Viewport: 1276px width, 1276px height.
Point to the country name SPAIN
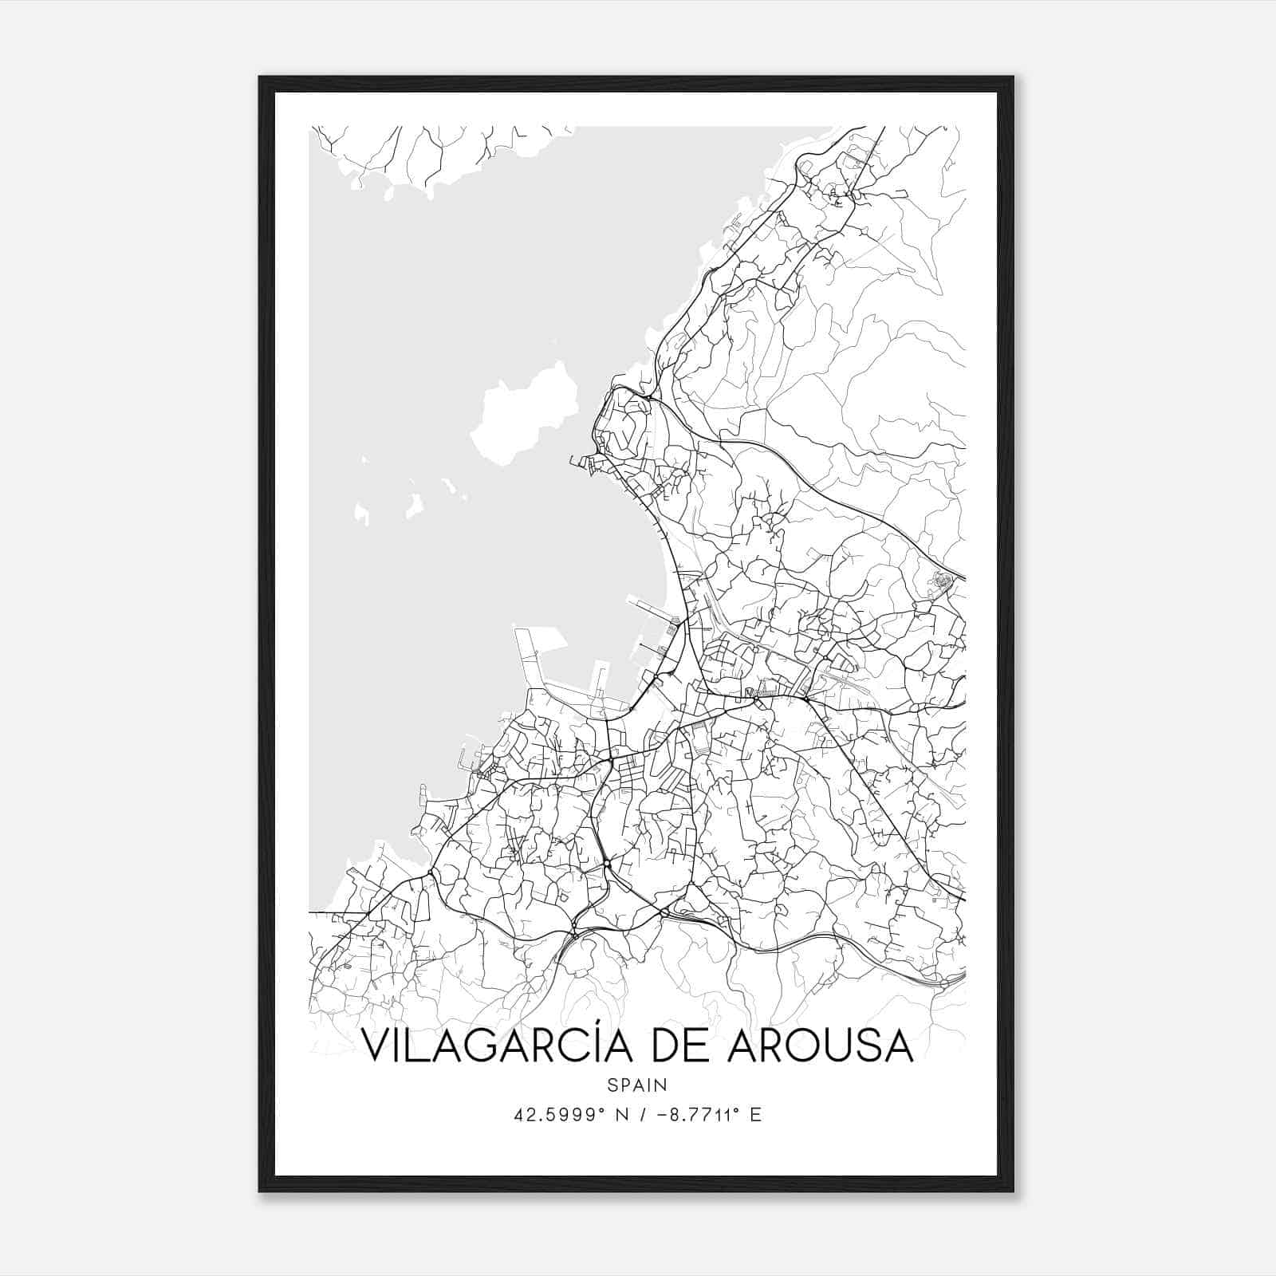click(637, 1085)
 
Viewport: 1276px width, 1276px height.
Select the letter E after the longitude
click(756, 1115)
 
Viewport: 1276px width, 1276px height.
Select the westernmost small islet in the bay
click(361, 514)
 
